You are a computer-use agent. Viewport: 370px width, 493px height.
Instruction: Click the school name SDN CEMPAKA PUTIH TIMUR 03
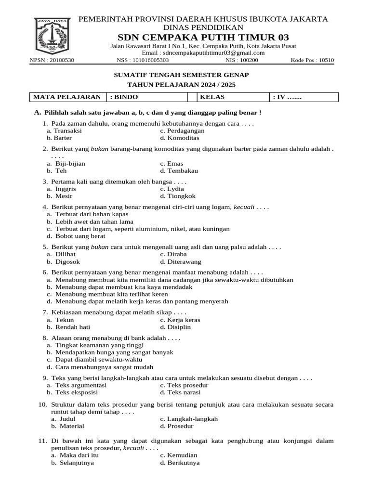point(203,38)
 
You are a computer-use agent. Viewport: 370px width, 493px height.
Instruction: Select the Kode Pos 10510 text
point(312,61)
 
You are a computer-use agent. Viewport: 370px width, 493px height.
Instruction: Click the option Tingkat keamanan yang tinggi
point(95,345)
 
